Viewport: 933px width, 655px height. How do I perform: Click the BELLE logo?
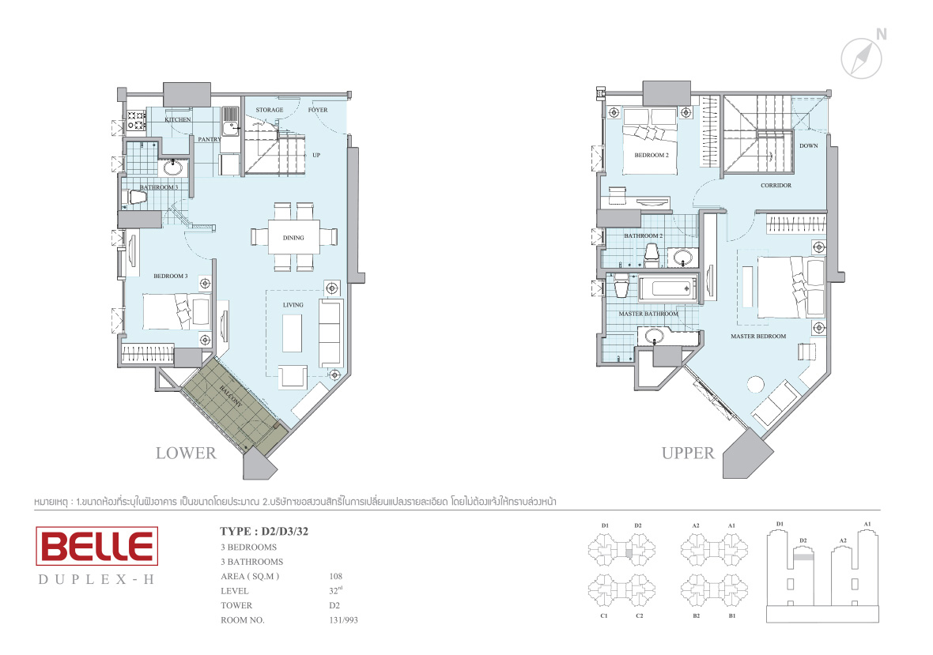pos(97,546)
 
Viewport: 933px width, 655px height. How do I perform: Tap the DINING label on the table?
pos(293,238)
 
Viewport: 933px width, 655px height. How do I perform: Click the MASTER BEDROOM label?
pos(758,337)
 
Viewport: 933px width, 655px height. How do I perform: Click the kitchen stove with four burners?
pos(136,121)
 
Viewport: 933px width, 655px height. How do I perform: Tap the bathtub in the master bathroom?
pos(667,289)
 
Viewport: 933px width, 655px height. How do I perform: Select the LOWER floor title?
pos(187,453)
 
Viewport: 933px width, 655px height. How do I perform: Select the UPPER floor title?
pos(688,453)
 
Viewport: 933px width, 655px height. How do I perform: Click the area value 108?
pos(335,576)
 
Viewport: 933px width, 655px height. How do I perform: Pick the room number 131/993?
pos(343,620)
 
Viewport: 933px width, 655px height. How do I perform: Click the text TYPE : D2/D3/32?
pos(264,532)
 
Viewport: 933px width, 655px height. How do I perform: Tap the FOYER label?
pos(318,110)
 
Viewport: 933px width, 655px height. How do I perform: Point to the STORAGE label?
pos(270,110)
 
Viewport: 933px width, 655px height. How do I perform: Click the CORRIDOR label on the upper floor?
pos(776,186)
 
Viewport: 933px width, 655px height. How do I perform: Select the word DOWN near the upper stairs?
pos(809,145)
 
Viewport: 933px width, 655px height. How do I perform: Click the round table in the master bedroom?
pos(755,385)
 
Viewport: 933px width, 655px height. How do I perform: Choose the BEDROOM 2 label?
pos(652,155)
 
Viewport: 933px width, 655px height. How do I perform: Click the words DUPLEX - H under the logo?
pos(96,579)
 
